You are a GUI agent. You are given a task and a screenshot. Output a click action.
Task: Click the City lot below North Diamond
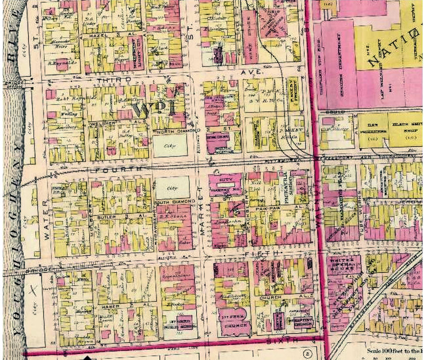[x=171, y=146]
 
